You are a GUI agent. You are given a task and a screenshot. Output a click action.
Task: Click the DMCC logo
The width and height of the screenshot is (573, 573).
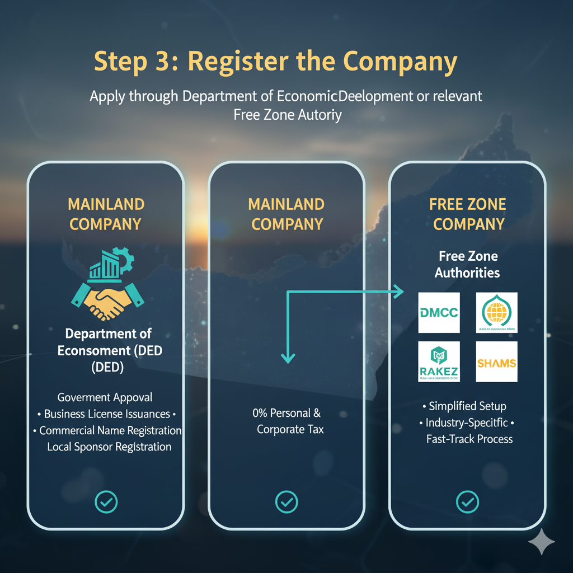point(439,312)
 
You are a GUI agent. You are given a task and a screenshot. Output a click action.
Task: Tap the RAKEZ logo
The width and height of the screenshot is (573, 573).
point(439,361)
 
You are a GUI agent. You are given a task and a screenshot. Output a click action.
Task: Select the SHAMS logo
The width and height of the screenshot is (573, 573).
point(496,362)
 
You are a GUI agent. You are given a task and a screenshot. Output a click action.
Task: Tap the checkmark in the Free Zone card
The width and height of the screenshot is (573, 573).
point(467,502)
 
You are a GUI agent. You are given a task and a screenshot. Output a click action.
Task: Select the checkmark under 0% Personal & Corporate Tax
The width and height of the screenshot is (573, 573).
point(286,502)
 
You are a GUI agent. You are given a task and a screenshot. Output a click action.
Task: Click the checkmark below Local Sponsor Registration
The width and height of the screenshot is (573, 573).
point(106,502)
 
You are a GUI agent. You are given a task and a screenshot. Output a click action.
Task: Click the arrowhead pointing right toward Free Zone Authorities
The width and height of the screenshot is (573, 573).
point(398,291)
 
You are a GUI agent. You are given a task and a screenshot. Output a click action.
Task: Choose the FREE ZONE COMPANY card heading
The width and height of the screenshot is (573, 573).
point(467,214)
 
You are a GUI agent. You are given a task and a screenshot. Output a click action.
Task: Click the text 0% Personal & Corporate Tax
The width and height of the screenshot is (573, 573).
point(286,421)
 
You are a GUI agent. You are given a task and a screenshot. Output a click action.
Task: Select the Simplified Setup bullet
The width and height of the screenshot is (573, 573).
point(467,406)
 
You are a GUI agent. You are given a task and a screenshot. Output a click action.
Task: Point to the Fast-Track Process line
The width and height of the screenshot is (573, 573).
point(469,439)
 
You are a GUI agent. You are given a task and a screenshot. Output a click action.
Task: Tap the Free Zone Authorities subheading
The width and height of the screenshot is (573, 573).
point(467,265)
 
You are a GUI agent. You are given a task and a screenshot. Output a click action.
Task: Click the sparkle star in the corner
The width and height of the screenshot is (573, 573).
point(541,542)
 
